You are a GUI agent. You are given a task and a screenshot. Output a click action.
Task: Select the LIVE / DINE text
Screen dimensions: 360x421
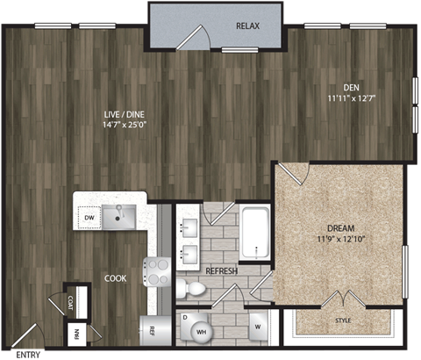pos(125,114)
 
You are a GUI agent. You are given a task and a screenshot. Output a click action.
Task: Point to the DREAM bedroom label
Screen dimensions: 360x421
pos(339,226)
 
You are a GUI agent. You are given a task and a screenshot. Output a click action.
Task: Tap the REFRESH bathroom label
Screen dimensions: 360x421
pos(221,272)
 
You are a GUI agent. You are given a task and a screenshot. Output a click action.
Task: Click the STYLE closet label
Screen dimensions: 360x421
pos(343,321)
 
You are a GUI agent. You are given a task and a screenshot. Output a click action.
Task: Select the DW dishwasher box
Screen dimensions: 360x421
pos(89,217)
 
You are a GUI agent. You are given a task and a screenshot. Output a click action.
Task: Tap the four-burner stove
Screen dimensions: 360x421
pos(158,272)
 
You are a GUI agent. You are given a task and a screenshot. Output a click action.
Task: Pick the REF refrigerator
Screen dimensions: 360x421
pos(151,331)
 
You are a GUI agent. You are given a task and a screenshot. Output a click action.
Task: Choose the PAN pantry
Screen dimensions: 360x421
pos(78,335)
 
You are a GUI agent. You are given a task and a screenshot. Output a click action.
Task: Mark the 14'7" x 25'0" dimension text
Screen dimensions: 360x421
pos(125,126)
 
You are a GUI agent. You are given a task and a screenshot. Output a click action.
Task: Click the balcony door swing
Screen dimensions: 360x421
pos(193,37)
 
